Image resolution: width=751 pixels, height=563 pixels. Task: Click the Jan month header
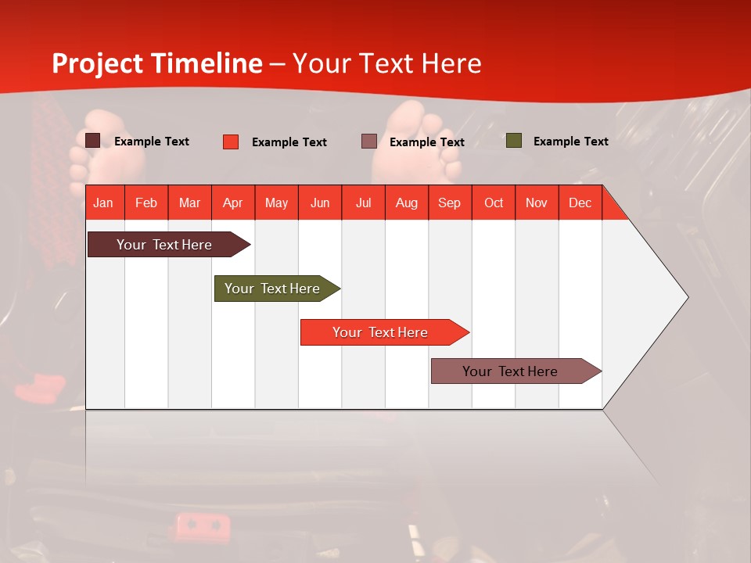(103, 203)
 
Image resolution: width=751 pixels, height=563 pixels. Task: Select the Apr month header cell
(232, 203)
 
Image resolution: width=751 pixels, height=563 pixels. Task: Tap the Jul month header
(363, 203)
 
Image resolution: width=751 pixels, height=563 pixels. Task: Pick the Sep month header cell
(449, 203)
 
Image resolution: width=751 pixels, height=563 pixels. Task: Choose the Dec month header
(580, 203)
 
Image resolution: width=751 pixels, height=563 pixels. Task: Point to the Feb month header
(146, 203)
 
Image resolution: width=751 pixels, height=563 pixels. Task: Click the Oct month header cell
(493, 203)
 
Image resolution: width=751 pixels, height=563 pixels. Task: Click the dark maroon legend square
(93, 141)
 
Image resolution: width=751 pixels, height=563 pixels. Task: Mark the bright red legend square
(231, 142)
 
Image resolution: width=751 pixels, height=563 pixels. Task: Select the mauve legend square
(369, 142)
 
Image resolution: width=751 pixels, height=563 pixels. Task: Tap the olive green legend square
(513, 141)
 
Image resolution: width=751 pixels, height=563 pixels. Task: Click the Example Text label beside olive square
(570, 142)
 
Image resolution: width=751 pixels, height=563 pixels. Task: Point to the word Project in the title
(97, 63)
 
